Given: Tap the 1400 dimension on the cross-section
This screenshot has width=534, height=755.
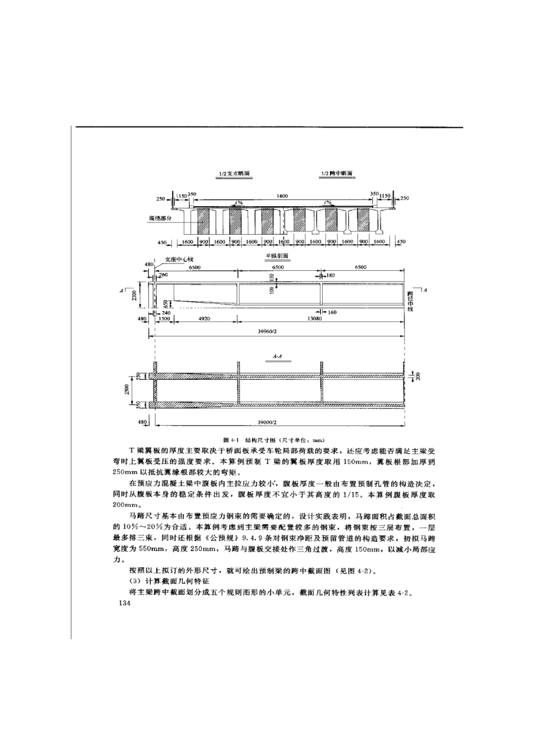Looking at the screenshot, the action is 282,196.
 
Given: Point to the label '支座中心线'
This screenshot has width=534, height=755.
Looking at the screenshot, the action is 179,260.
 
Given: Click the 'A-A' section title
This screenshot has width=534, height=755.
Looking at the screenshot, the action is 277,356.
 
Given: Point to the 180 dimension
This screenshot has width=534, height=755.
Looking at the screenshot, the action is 331,275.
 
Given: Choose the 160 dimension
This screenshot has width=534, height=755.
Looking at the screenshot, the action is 332,312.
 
